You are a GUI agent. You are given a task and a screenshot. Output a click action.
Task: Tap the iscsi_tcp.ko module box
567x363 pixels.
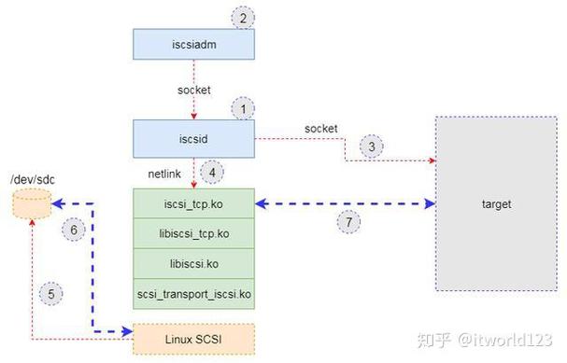tap(193, 202)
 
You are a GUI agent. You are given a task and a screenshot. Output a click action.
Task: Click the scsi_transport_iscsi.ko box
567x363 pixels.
tap(193, 294)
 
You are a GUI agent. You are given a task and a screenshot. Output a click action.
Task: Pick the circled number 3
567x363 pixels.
tap(371, 146)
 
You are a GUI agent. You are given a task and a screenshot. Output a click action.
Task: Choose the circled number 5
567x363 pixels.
tap(52, 294)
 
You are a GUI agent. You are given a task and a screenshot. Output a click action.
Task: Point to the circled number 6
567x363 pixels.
tap(72, 229)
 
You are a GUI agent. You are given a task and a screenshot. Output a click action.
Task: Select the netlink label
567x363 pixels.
tap(164, 173)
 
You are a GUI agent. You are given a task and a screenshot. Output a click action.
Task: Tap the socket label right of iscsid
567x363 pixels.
tap(320, 127)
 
